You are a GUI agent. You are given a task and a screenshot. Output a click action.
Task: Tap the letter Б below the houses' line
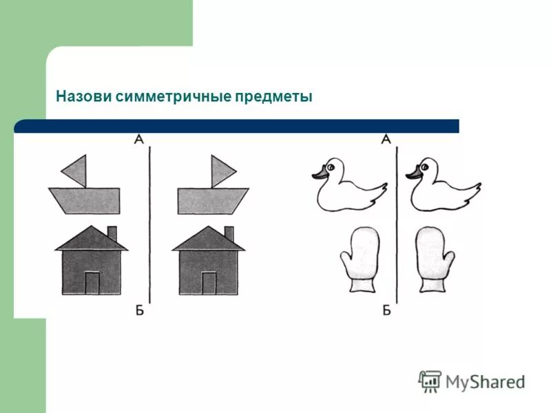(139, 310)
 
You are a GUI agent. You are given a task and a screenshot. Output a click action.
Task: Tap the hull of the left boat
(84, 200)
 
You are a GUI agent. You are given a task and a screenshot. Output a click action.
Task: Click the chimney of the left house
(112, 233)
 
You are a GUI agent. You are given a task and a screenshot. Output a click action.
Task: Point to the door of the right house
(209, 283)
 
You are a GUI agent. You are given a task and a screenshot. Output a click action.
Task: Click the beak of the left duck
(318, 176)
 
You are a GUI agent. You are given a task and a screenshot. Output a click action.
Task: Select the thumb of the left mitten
(346, 262)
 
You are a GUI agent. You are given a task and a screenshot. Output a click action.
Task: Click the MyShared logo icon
(430, 381)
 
